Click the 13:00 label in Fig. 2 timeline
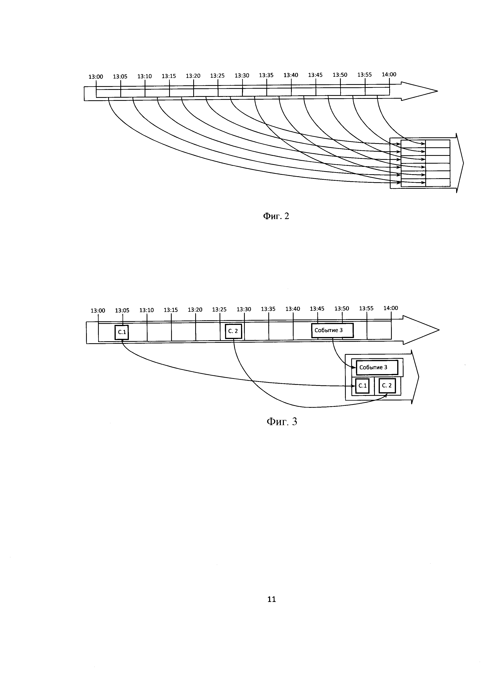(x=96, y=77)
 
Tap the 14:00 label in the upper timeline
(x=389, y=74)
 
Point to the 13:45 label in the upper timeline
(x=316, y=75)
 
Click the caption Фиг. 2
(x=276, y=216)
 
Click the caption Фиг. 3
(x=282, y=422)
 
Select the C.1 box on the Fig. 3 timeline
(x=122, y=332)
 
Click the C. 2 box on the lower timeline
(x=233, y=331)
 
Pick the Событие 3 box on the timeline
(x=332, y=330)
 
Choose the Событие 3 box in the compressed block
(x=377, y=368)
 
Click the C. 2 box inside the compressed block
(x=387, y=386)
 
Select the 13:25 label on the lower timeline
(x=219, y=310)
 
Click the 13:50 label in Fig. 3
(x=342, y=309)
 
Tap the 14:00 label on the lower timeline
(x=391, y=308)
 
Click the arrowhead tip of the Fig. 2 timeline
(x=437, y=91)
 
